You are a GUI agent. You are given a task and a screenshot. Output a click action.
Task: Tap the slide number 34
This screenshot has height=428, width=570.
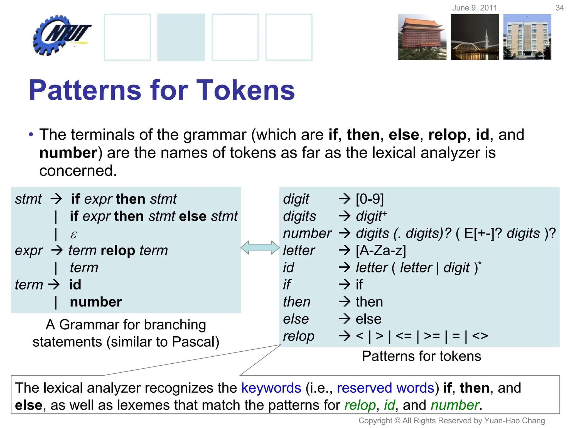[559, 8]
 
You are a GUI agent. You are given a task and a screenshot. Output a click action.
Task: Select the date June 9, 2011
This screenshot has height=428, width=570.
[475, 8]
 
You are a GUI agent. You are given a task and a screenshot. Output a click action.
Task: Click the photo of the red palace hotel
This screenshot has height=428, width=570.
[422, 37]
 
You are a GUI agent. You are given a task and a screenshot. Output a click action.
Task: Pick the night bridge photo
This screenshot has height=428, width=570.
[475, 37]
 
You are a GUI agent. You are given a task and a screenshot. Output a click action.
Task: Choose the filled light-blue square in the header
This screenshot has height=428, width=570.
[181, 37]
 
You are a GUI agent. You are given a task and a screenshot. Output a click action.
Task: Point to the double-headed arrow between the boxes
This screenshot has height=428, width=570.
[260, 248]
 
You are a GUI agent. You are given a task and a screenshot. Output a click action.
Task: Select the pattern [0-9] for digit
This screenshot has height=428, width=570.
[370, 199]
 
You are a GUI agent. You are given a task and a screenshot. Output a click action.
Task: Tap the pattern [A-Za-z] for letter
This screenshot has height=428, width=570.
[381, 251]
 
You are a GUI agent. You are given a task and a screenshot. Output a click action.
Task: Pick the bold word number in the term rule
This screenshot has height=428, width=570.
[96, 302]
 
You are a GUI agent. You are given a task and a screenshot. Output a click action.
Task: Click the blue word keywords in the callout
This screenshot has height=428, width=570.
[271, 388]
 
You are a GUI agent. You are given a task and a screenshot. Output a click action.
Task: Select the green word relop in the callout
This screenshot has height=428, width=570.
[360, 405]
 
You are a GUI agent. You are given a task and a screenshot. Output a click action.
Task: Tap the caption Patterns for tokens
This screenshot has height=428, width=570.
[421, 356]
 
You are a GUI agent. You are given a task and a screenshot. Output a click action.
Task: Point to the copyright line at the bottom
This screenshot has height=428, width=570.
[451, 420]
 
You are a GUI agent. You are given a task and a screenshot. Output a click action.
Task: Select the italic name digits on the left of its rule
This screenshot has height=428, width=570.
[299, 216]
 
